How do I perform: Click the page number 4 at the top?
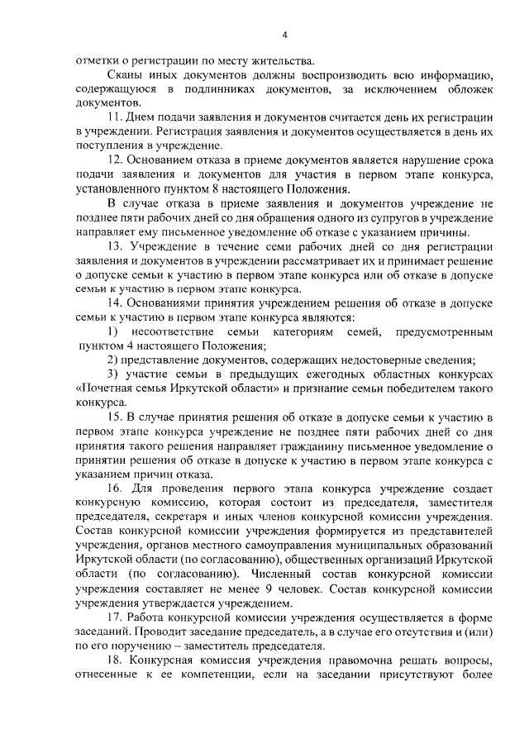[x=284, y=35]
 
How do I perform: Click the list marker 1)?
[x=114, y=331]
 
